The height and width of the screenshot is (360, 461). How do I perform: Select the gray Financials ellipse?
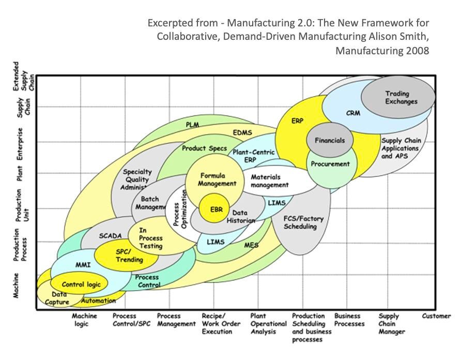[x=329, y=140]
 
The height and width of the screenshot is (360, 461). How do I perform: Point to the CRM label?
[x=353, y=113]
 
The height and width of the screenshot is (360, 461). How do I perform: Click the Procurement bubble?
[x=330, y=164]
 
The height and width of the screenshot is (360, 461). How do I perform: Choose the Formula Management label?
[x=218, y=179]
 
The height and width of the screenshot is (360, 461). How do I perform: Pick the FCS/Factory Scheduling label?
[x=303, y=222]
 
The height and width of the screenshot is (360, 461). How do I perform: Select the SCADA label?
[x=110, y=236]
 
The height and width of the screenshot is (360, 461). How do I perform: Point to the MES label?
[x=251, y=245]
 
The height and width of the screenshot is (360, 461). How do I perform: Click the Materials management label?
[x=269, y=181]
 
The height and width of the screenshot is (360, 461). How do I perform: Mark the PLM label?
[x=192, y=125]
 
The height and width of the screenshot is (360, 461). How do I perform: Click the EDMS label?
[x=242, y=133]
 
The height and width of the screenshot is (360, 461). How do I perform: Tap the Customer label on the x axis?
[x=436, y=316]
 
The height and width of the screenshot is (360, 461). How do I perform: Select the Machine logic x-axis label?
[x=84, y=320]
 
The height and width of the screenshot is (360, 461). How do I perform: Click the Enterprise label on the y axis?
[x=20, y=143]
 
